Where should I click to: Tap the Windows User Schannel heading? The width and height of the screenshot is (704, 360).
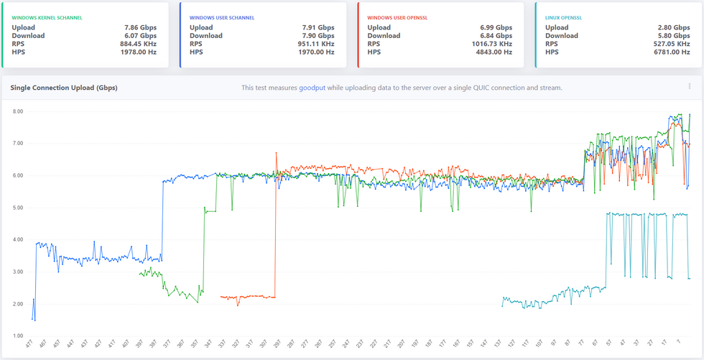coord(222,17)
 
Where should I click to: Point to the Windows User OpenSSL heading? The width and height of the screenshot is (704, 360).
coord(400,17)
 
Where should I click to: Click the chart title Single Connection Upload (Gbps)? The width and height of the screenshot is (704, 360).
coord(64,88)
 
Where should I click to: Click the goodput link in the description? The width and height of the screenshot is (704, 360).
coord(312,88)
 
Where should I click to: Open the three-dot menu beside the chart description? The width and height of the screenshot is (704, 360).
coord(690,87)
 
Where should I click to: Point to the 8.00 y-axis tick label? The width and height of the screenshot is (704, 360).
coord(18,111)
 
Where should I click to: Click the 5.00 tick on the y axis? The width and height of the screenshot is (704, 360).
coord(18,208)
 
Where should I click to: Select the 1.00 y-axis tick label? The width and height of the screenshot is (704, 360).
coord(18,336)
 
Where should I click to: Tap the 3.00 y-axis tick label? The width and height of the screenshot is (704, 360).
coord(18,272)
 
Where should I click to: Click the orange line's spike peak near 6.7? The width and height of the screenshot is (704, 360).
coord(276,152)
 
